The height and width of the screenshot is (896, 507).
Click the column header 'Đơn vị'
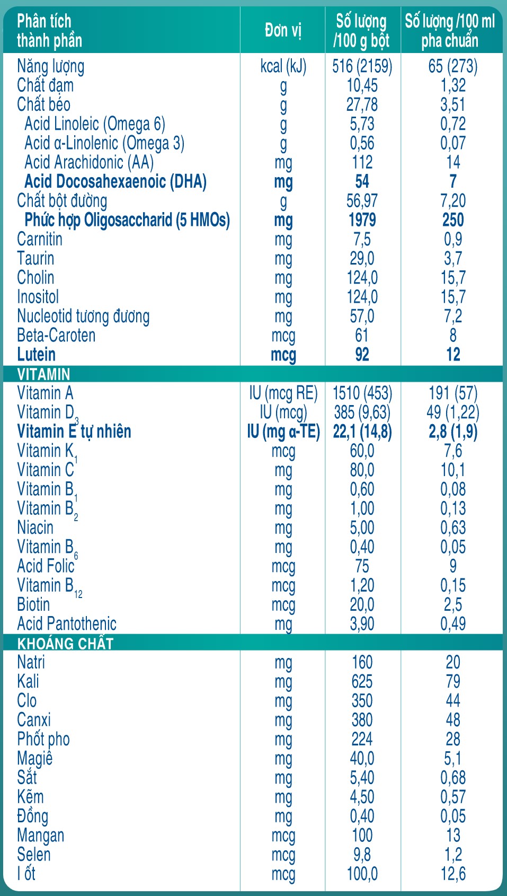283,30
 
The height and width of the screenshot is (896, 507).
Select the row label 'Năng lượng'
50,66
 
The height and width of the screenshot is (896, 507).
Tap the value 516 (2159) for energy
362,66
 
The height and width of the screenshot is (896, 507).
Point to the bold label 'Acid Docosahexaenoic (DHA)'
115,181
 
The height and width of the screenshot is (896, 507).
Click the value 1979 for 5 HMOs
362,220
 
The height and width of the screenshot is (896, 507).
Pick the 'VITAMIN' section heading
43,374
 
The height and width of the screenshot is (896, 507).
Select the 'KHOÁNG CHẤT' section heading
65,644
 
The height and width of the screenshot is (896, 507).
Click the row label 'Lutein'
36,354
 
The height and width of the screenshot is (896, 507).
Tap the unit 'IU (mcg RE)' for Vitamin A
283,393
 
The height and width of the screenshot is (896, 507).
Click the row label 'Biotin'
33,604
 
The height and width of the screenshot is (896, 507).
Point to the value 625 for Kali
362,681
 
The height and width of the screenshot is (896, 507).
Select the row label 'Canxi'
34,720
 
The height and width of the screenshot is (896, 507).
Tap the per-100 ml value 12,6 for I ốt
453,874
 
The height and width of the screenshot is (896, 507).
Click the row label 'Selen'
34,855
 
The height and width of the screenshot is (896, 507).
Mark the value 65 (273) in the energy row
453,66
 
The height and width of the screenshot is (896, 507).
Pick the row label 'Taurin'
35,259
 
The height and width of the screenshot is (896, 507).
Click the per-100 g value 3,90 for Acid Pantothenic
362,624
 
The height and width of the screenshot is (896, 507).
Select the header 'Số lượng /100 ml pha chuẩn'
450,30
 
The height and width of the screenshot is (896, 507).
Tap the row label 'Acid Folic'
46,566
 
